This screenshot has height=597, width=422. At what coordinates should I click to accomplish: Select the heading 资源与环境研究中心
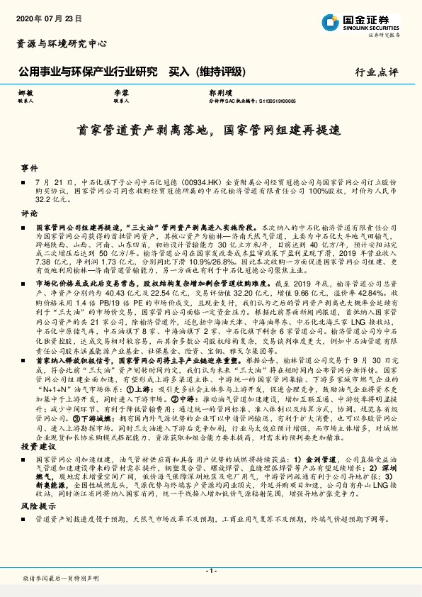(x=62, y=43)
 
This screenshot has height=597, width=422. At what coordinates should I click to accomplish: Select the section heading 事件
(x=28, y=168)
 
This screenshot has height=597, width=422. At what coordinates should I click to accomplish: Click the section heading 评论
(x=28, y=213)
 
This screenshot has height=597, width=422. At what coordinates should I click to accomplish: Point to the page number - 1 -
(x=210, y=570)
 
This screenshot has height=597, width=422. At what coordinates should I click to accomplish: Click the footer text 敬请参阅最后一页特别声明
(x=61, y=579)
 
